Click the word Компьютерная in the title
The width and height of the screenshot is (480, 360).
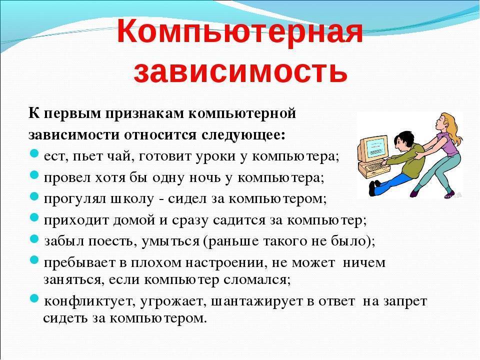pos(239,32)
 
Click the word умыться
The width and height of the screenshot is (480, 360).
pos(170,241)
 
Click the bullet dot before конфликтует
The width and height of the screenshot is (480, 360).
pos(34,301)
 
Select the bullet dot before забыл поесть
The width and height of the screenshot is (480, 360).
pos(34,240)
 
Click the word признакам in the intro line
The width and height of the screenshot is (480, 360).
pos(143,113)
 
